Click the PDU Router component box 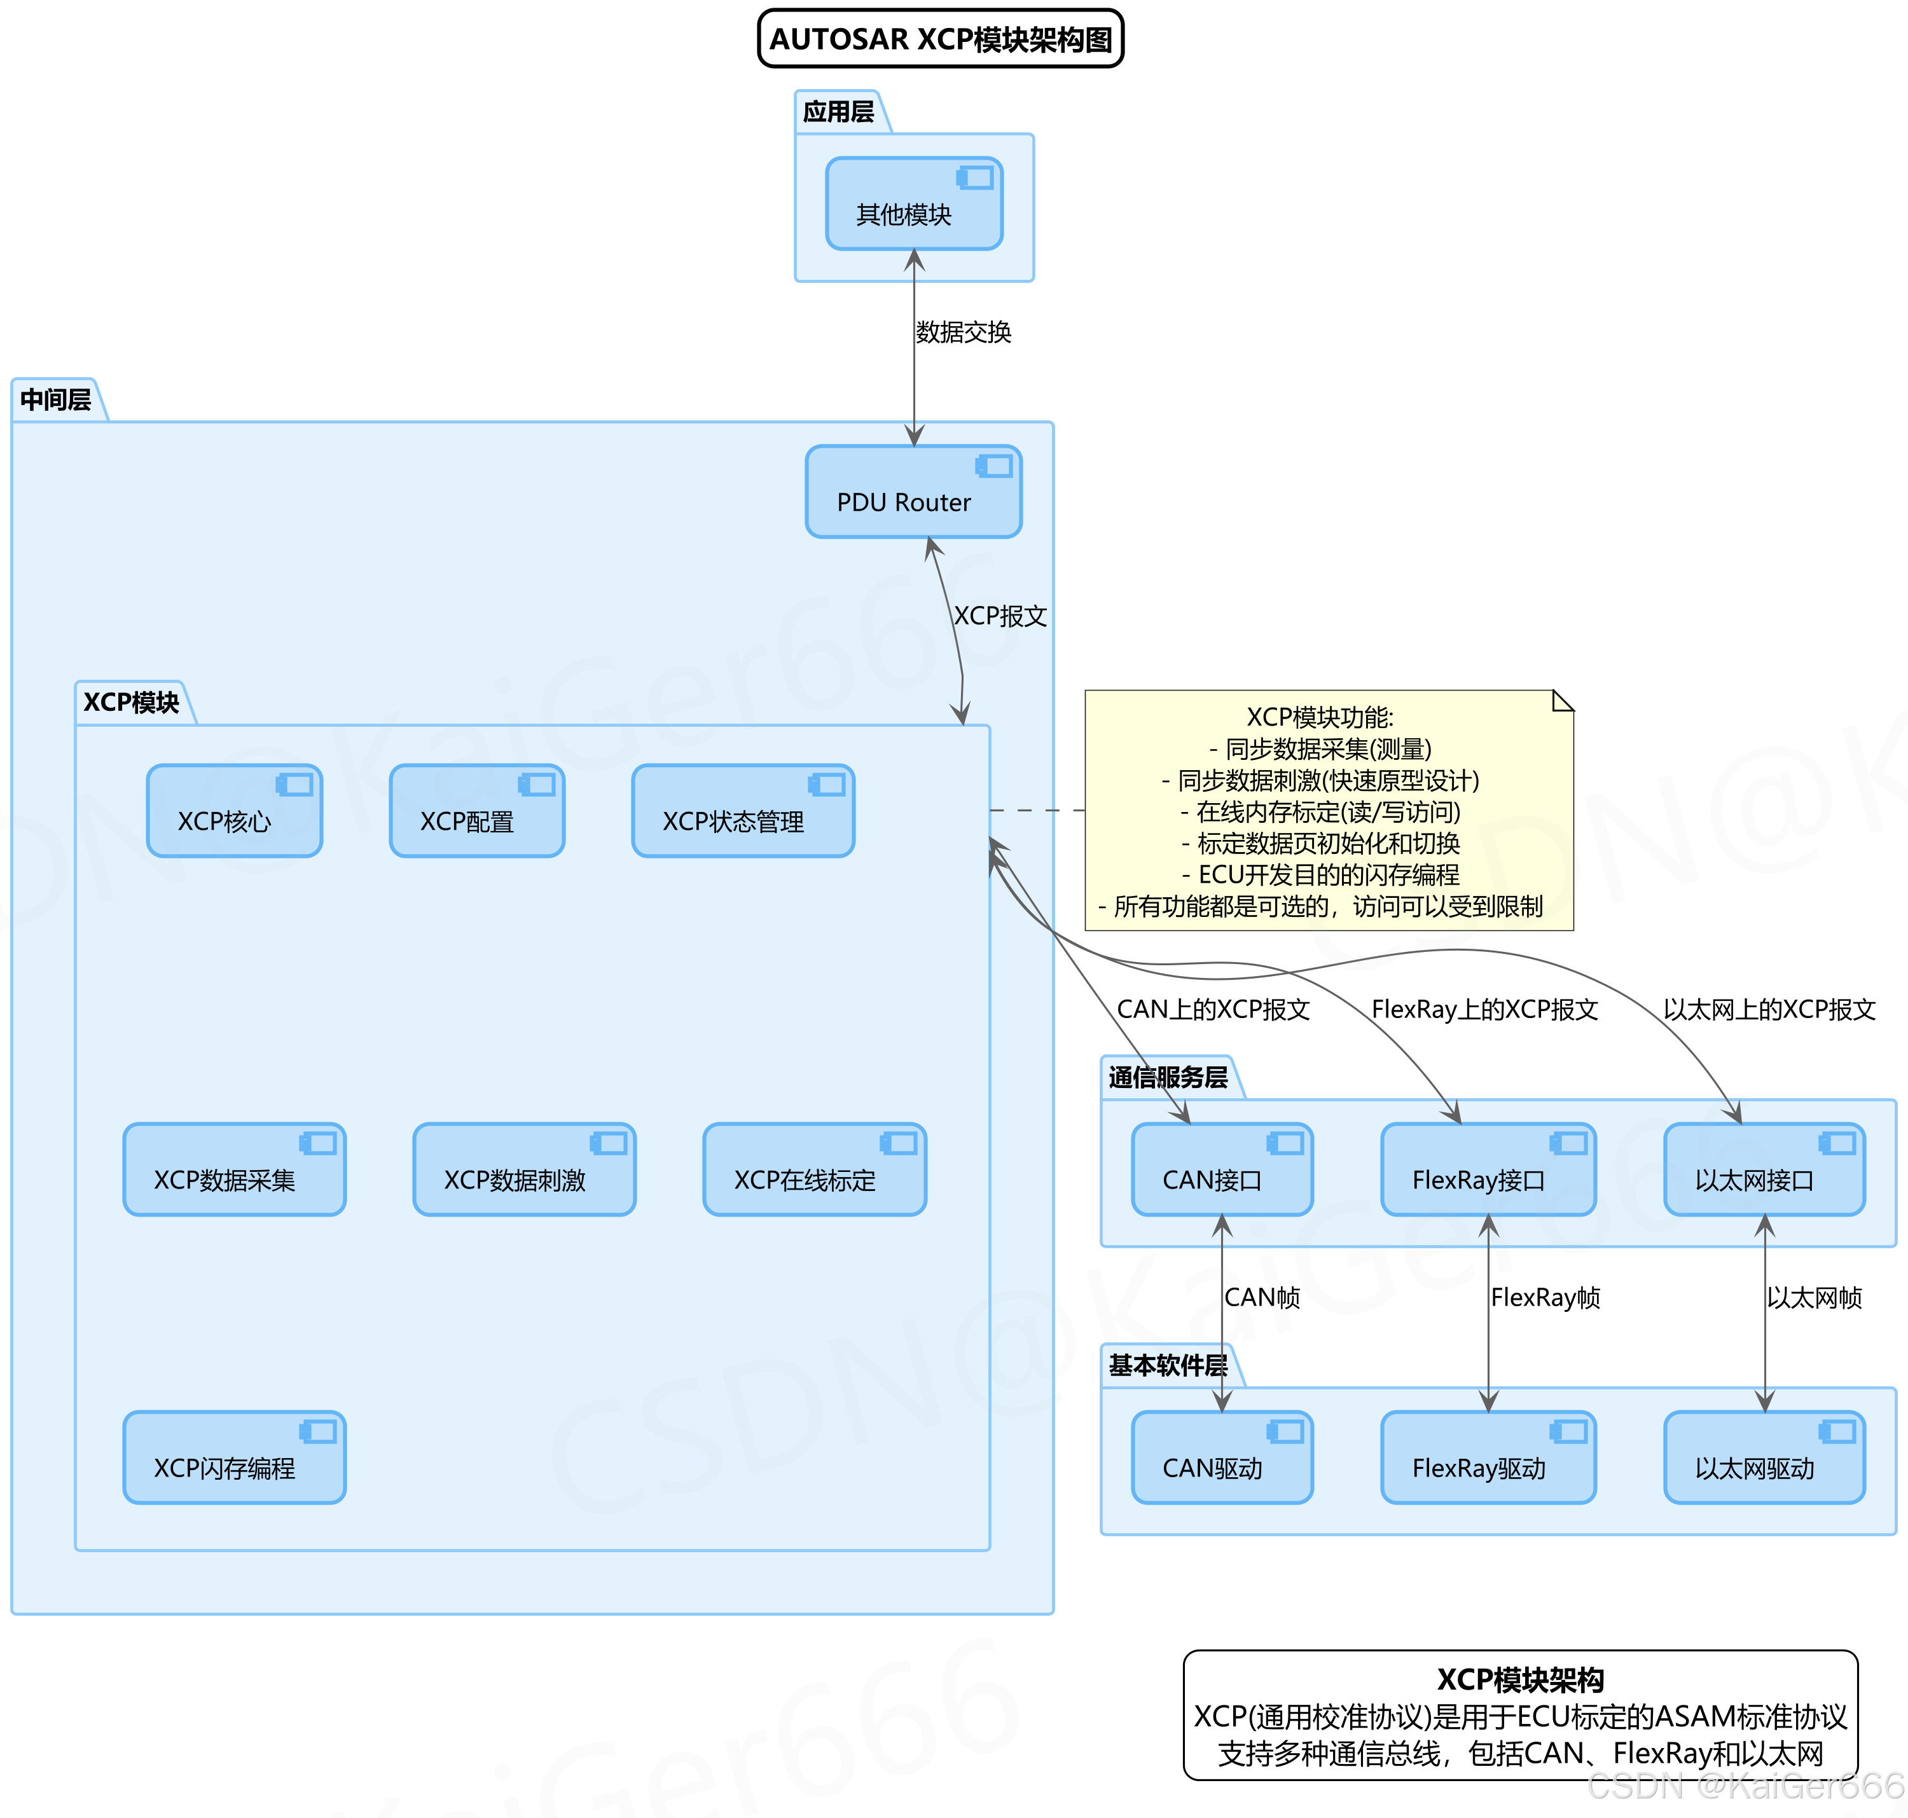(913, 492)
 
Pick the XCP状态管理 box (742, 811)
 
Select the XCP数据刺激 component (523, 1169)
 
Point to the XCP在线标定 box (814, 1169)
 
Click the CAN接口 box (1221, 1169)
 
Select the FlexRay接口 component (1488, 1169)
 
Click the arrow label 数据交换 (963, 333)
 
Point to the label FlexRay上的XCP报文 (1484, 1010)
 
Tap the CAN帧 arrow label (1262, 1298)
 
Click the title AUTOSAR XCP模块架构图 (940, 39)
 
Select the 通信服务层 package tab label (1168, 1078)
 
